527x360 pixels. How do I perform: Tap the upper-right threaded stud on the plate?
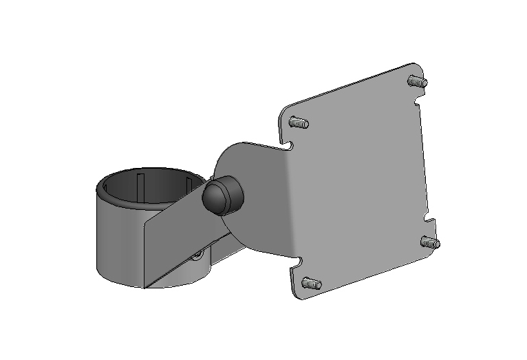tap(418, 81)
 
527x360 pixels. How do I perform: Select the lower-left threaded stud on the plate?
tap(310, 284)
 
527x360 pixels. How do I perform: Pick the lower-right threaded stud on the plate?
tap(431, 242)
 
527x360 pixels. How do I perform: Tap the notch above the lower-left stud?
tap(300, 261)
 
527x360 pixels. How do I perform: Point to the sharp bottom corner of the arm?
tap(146, 286)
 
